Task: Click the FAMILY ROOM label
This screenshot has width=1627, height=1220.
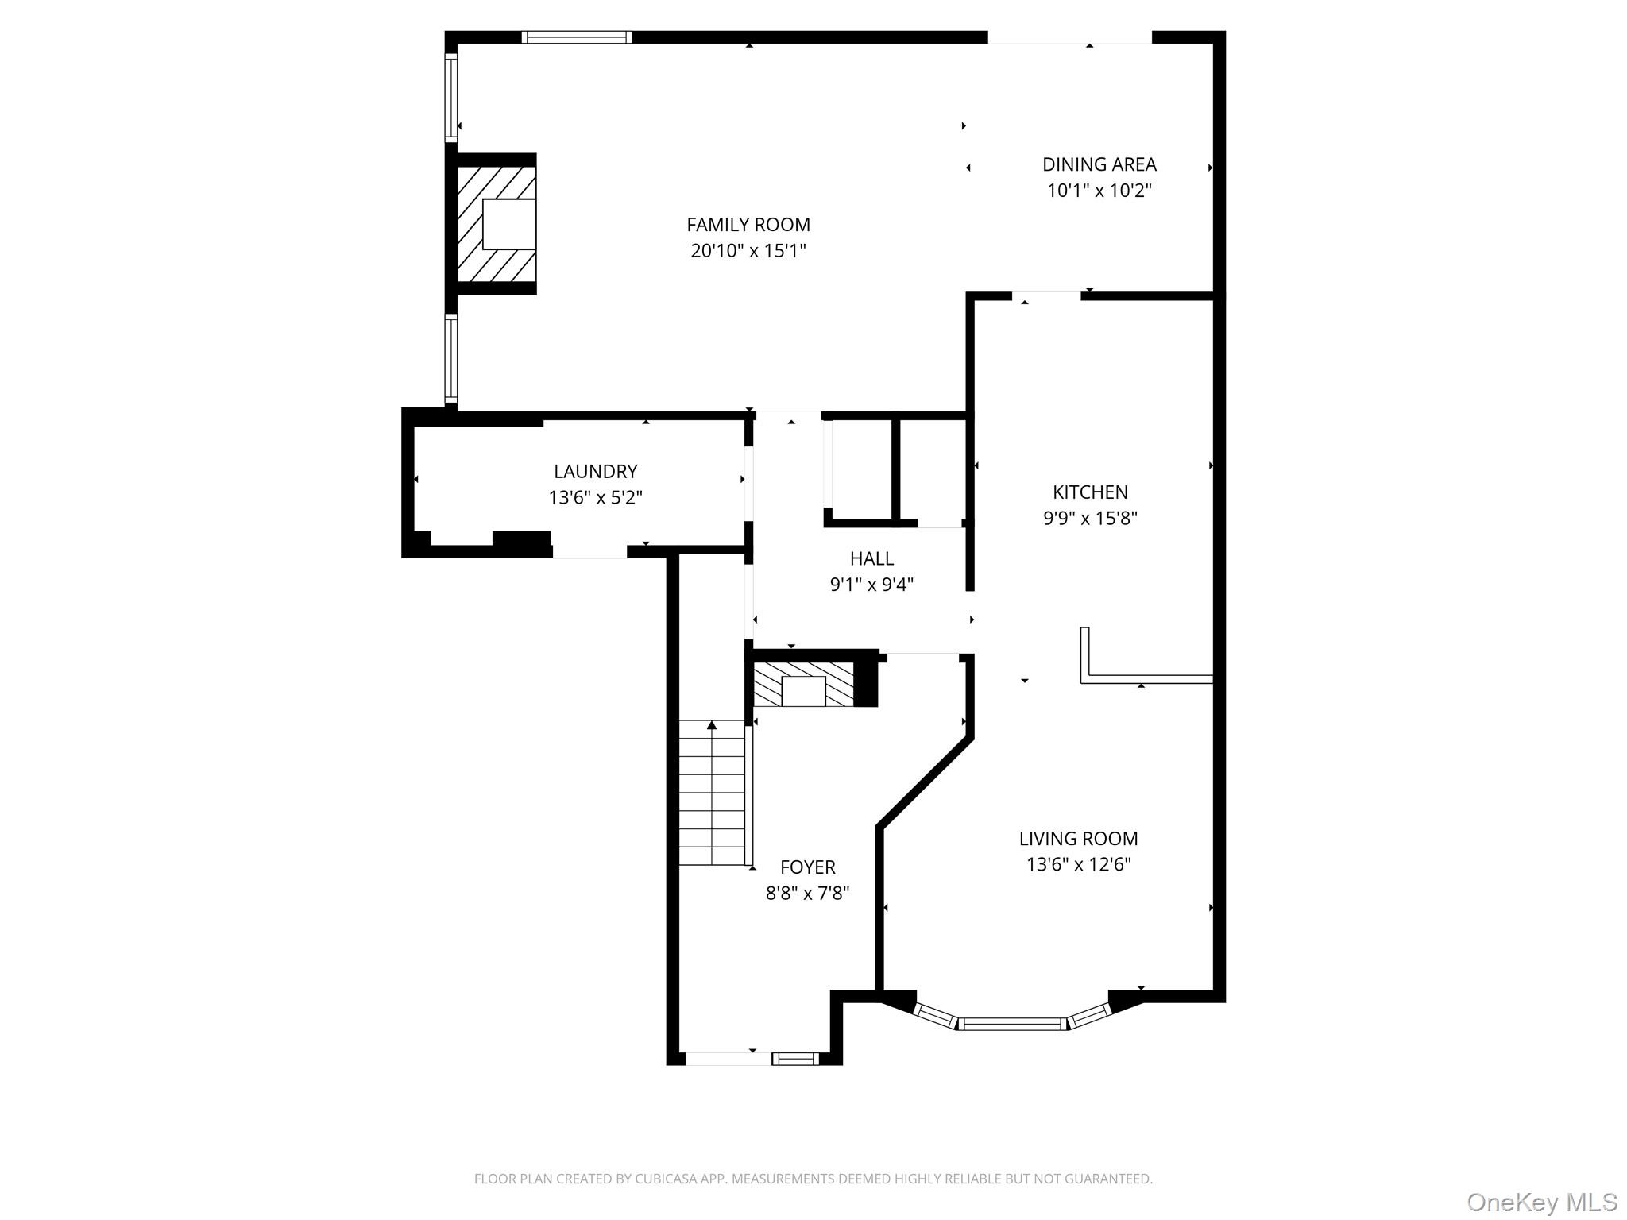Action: [748, 225]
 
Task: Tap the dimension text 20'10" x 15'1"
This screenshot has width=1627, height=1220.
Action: [748, 251]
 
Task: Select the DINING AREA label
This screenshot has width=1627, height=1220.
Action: [1099, 164]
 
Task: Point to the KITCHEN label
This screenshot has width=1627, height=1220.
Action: [1090, 492]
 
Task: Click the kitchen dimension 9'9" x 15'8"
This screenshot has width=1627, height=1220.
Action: [1090, 519]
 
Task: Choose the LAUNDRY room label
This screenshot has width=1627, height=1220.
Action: [595, 472]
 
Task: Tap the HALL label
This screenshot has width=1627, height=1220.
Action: [871, 558]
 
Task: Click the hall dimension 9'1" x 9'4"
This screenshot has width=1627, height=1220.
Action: [871, 585]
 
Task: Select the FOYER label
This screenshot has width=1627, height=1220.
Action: [807, 867]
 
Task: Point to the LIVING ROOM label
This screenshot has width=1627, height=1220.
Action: [1078, 838]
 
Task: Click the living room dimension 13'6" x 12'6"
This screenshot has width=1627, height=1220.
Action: [1078, 864]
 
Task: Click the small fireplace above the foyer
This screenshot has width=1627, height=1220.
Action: [804, 685]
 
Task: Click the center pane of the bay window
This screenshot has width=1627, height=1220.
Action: [1012, 1024]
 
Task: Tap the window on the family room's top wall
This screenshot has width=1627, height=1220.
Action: [577, 37]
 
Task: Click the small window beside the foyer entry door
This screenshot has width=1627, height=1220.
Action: [795, 1058]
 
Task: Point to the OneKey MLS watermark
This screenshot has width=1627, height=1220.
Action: [1541, 1202]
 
